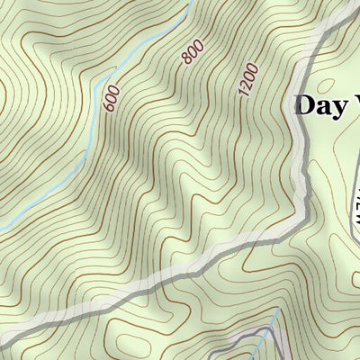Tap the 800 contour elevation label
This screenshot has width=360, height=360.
(x=192, y=52)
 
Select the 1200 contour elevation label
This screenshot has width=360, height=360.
(x=248, y=79)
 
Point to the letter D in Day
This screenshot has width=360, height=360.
(x=305, y=104)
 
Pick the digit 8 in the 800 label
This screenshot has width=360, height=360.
(x=187, y=60)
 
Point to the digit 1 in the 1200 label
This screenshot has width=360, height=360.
(x=242, y=93)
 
